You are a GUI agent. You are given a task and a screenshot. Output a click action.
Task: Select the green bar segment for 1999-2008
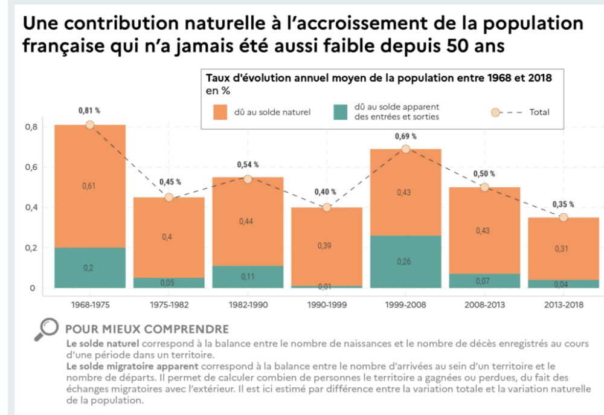tap(405, 262)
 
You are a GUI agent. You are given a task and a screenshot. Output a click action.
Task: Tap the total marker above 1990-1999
tap(327, 207)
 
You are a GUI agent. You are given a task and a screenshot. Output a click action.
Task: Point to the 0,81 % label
tap(89, 111)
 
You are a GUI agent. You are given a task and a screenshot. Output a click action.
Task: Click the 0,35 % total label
tap(563, 204)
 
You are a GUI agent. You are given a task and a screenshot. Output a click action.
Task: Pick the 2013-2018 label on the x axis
tap(563, 304)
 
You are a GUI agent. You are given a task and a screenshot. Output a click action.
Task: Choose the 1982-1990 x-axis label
tap(248, 304)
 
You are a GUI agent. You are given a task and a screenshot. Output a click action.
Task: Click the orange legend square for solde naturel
tap(219, 112)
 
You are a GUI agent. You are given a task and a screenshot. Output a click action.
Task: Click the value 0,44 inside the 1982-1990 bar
tap(248, 221)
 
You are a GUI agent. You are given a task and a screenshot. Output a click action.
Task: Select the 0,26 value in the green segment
tap(405, 262)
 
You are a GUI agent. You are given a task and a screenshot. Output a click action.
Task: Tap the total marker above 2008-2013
tap(484, 187)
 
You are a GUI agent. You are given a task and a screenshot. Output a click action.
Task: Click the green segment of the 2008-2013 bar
tap(484, 281)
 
